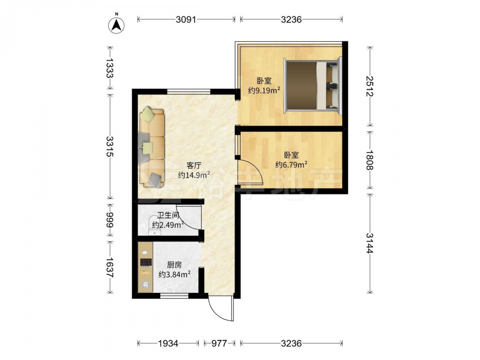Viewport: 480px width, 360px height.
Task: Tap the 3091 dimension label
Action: [186, 20]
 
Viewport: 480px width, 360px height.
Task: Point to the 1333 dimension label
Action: [110, 68]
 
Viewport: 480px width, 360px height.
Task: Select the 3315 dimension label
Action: [110, 146]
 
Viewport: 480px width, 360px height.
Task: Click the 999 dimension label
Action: [110, 220]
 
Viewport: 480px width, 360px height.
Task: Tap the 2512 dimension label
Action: [370, 86]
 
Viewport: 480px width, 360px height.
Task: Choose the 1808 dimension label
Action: [370, 160]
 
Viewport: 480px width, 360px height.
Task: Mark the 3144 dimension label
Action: [370, 243]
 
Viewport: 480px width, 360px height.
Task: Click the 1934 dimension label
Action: [168, 343]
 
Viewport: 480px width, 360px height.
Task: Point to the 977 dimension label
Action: [219, 343]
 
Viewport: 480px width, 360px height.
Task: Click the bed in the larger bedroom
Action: [312, 85]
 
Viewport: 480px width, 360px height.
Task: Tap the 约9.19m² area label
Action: [264, 90]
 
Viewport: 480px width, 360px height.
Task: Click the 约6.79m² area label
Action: [291, 165]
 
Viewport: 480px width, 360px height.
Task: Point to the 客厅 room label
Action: [194, 166]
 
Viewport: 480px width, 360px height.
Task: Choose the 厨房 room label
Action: [174, 265]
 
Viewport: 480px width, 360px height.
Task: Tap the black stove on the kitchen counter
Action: [146, 263]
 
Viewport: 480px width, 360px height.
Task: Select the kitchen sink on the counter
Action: [145, 285]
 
